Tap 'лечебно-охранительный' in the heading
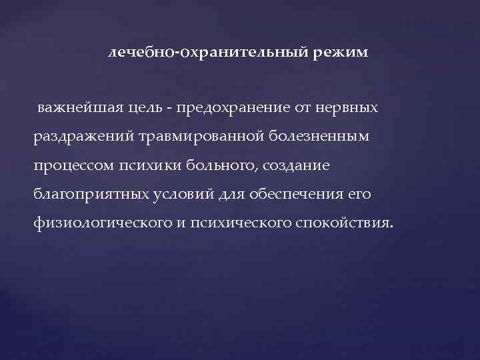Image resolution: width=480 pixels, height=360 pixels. pos(206,52)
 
